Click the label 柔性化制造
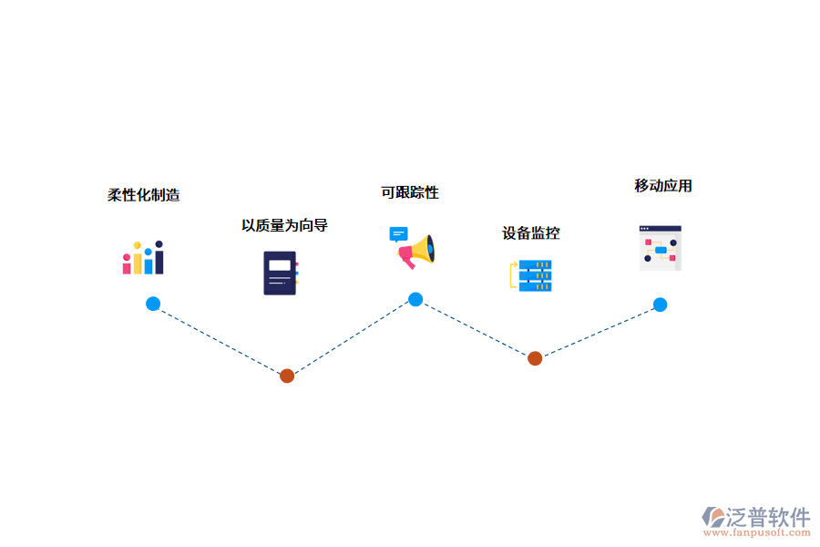[144, 195]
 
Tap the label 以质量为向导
[284, 225]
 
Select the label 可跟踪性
[410, 192]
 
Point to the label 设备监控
[531, 233]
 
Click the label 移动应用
[663, 186]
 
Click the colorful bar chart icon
[143, 258]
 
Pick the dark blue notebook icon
[281, 273]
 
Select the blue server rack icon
[531, 275]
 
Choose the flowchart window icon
[660, 248]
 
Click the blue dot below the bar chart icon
[153, 304]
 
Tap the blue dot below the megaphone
[415, 299]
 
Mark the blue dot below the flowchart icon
[660, 304]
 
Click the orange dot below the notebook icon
[287, 376]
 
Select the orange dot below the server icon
[535, 358]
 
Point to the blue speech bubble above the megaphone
[398, 234]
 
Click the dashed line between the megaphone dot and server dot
[475, 328]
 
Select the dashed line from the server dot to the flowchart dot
[597, 332]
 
